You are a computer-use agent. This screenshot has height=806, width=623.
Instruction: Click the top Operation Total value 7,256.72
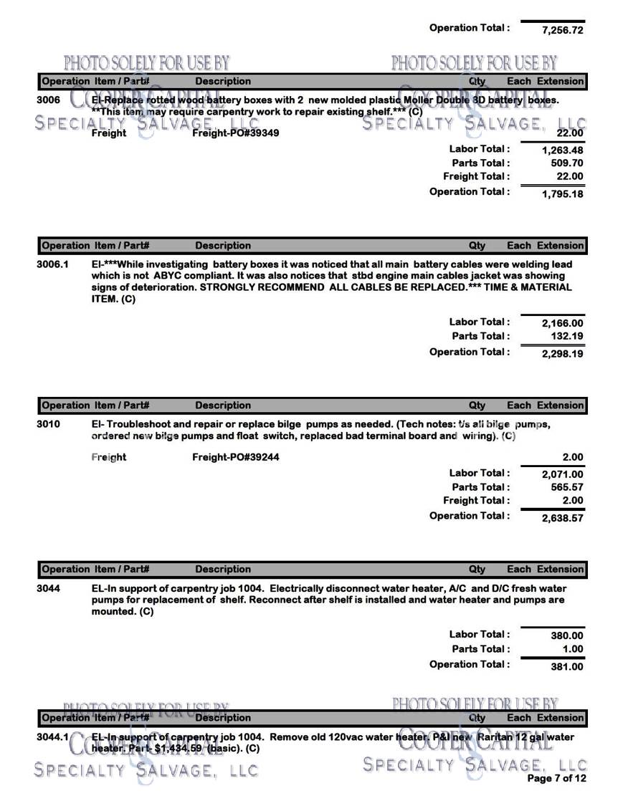tap(563, 31)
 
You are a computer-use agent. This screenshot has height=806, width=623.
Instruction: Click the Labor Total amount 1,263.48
tap(563, 150)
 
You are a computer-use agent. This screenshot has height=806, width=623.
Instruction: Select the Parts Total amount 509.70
tap(566, 163)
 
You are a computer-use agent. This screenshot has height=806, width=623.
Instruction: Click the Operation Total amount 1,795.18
tap(563, 194)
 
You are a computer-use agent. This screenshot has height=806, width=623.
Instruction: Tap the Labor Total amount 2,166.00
tap(563, 324)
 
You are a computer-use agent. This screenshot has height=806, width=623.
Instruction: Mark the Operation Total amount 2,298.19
tap(563, 354)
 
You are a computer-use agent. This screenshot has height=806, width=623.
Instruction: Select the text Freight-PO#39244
tap(236, 457)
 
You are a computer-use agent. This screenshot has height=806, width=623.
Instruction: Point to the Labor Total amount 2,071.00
tap(563, 474)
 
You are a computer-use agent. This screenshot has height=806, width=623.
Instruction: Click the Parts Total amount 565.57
tap(566, 487)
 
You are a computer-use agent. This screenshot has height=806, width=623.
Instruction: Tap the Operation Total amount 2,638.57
tap(563, 518)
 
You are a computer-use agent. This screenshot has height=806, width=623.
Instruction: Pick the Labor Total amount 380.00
tap(567, 635)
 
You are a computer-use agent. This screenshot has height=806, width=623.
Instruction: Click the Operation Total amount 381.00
tap(567, 666)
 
